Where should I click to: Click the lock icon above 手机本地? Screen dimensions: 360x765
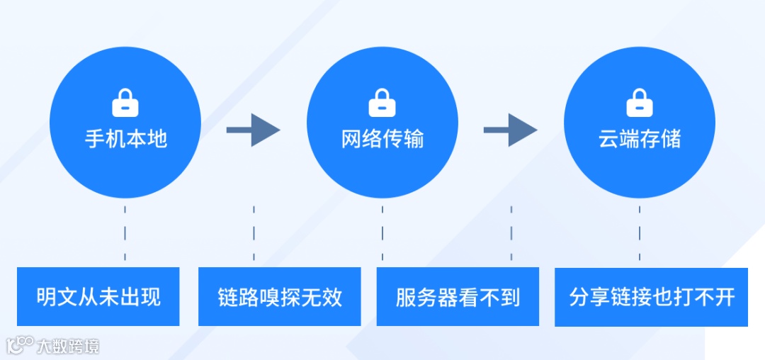point(125,103)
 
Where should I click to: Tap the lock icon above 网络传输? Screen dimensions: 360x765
point(382,103)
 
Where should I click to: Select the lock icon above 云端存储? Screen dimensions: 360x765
point(640,103)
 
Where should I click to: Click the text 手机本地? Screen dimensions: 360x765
point(125,139)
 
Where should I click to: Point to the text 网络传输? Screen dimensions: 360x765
point(382,139)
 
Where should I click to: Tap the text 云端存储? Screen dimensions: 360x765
point(640,139)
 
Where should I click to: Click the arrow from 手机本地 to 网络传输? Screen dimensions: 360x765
point(254,130)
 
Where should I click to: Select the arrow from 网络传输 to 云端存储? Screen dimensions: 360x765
point(511,130)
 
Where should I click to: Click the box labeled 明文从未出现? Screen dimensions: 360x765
point(98,297)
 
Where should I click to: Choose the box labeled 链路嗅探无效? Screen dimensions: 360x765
point(280,297)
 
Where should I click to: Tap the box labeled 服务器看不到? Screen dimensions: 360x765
point(458,297)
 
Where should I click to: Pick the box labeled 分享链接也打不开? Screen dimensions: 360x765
point(651,297)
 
